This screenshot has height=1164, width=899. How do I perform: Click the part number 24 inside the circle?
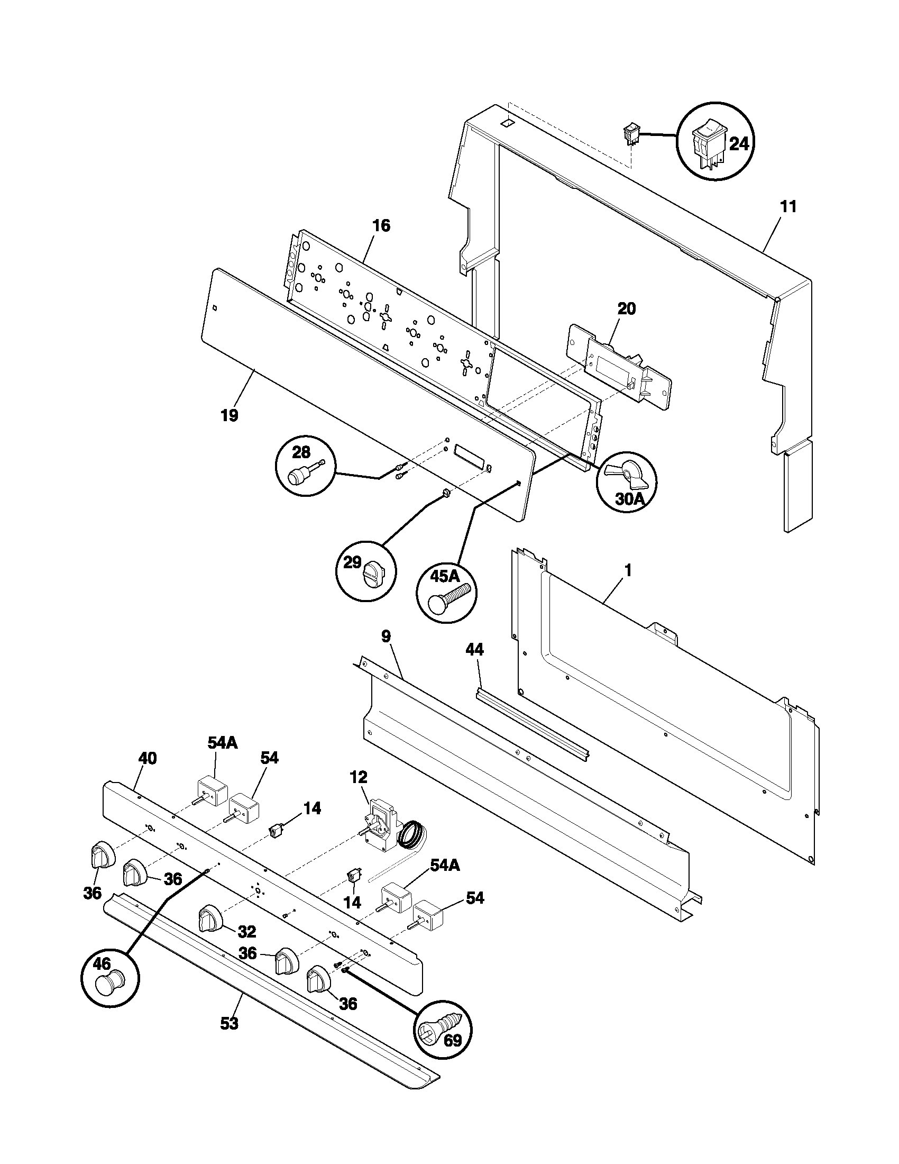[739, 144]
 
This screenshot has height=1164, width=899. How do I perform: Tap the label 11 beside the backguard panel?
[788, 207]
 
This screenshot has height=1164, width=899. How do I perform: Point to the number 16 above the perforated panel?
[381, 226]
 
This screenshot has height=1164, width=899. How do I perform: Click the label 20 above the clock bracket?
[626, 308]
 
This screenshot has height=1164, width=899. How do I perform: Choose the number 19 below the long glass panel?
[230, 415]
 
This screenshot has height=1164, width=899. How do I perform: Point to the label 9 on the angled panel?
[386, 636]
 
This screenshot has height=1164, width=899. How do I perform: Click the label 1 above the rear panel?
[628, 571]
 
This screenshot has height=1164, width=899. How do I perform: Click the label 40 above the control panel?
[147, 758]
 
